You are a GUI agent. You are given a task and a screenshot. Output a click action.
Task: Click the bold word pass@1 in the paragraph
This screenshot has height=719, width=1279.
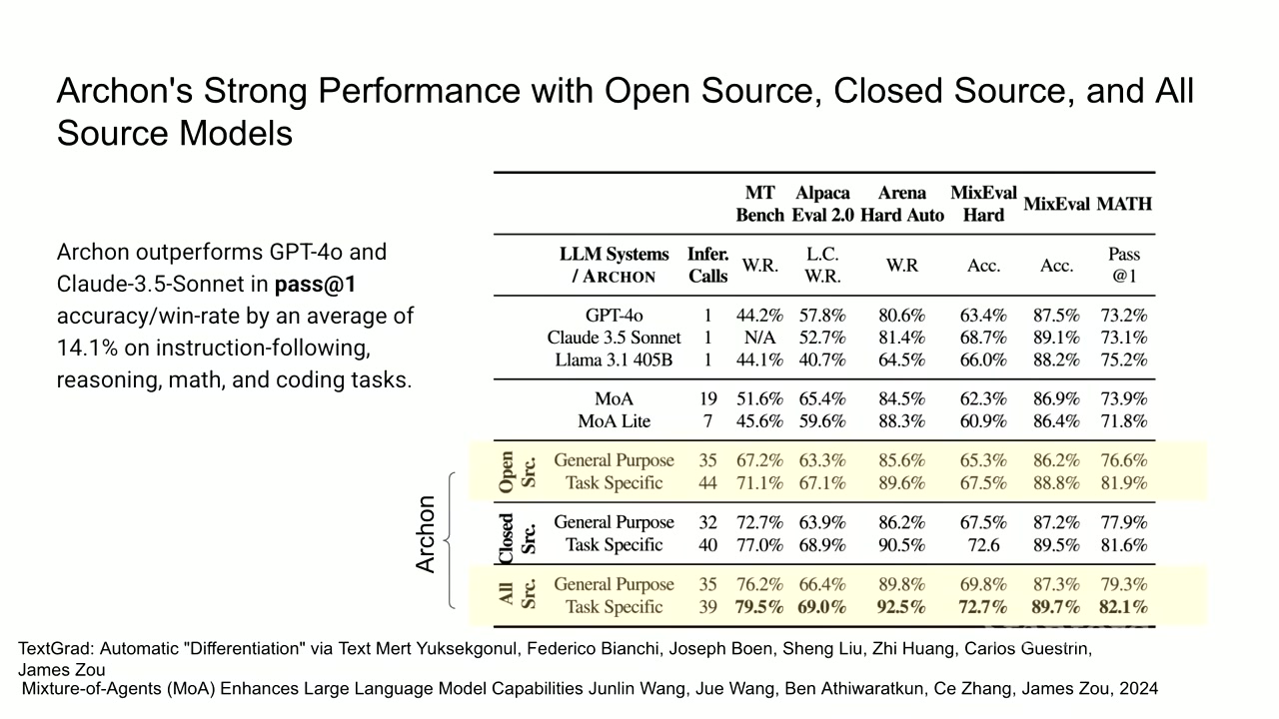pyautogui.click(x=315, y=285)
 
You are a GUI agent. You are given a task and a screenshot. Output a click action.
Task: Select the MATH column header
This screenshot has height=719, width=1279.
pyautogui.click(x=1124, y=204)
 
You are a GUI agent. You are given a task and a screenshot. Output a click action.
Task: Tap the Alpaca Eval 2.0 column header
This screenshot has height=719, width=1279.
pyautogui.click(x=822, y=204)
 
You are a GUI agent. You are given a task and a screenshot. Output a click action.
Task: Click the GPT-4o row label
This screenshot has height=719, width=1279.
pyautogui.click(x=614, y=315)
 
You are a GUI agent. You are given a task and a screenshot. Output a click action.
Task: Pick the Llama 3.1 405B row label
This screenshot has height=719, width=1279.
pyautogui.click(x=614, y=360)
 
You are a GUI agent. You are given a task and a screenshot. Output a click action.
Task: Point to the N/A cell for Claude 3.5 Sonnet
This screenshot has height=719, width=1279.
pyautogui.click(x=760, y=338)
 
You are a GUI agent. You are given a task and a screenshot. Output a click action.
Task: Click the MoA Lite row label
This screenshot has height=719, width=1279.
pyautogui.click(x=614, y=421)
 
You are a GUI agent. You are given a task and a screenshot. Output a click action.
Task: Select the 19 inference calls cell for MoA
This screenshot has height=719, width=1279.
pyautogui.click(x=708, y=398)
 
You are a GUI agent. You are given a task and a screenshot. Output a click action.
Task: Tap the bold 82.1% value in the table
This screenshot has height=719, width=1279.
pyautogui.click(x=1123, y=606)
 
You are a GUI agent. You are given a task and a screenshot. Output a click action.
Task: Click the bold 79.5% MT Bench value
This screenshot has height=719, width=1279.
pyautogui.click(x=758, y=606)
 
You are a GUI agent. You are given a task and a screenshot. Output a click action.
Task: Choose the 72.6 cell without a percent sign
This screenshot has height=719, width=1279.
pyautogui.click(x=983, y=545)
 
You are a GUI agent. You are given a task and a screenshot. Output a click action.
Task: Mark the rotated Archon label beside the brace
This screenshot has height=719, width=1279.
pyautogui.click(x=426, y=534)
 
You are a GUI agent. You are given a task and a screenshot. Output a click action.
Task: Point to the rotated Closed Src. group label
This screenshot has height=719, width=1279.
pyautogui.click(x=518, y=538)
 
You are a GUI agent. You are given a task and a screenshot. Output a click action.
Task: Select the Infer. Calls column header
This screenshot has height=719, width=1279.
pyautogui.click(x=708, y=266)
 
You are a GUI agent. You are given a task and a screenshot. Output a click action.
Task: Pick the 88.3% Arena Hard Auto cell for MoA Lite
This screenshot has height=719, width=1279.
pyautogui.click(x=901, y=421)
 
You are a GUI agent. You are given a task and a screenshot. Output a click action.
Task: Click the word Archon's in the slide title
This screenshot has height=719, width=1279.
pyautogui.click(x=125, y=91)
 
